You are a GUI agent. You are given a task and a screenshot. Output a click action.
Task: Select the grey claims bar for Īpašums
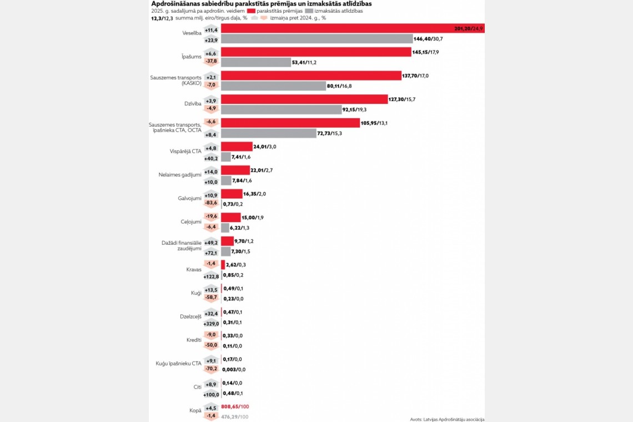[x=256, y=63]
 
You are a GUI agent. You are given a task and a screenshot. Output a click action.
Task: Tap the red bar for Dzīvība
[x=304, y=99]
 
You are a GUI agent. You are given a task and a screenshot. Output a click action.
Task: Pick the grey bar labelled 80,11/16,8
[x=273, y=86]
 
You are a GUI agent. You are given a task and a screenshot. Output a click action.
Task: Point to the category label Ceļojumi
[x=191, y=222]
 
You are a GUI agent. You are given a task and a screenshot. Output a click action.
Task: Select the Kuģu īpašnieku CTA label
[x=179, y=364]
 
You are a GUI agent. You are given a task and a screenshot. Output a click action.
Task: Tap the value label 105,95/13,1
[x=374, y=123]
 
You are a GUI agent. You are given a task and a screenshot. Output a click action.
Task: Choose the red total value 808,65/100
[x=234, y=407]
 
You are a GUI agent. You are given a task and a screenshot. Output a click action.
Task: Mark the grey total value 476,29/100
[x=234, y=416]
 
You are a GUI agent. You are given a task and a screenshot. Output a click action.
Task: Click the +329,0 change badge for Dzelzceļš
[x=211, y=323]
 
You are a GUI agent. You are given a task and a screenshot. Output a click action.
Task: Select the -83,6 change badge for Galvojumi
[x=211, y=203]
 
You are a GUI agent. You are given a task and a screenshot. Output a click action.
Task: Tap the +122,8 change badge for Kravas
[x=211, y=275]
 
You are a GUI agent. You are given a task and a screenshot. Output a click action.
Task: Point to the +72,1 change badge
[x=211, y=252]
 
